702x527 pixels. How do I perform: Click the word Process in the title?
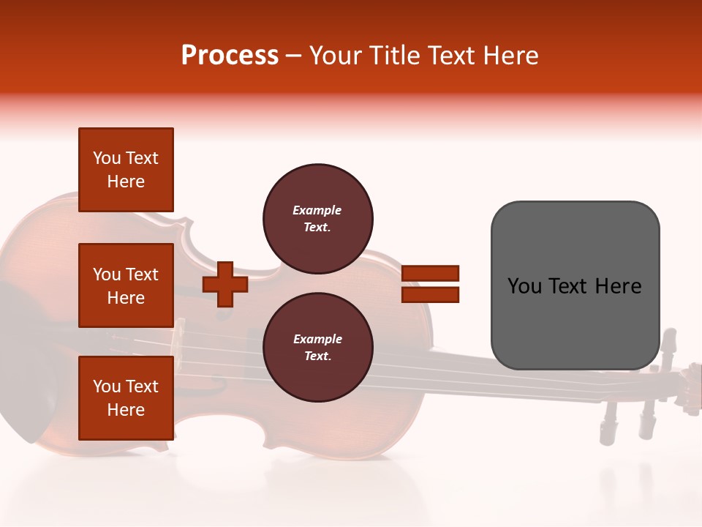[230, 56]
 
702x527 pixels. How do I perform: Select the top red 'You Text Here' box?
[126, 170]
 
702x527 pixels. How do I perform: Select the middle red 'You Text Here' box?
[126, 285]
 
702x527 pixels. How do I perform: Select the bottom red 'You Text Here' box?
[126, 398]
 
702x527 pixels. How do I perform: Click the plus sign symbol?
[225, 283]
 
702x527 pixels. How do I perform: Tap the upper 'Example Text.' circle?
[318, 218]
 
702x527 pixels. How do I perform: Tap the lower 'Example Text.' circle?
[318, 347]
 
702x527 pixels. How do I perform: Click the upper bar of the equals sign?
[430, 273]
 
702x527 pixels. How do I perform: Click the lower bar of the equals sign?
[430, 294]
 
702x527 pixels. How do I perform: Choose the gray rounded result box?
[575, 285]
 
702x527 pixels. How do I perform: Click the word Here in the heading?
[510, 56]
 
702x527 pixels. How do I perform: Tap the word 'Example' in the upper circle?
[317, 210]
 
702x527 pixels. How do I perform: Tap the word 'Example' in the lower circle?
[317, 339]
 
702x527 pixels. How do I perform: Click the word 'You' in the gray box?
[524, 286]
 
